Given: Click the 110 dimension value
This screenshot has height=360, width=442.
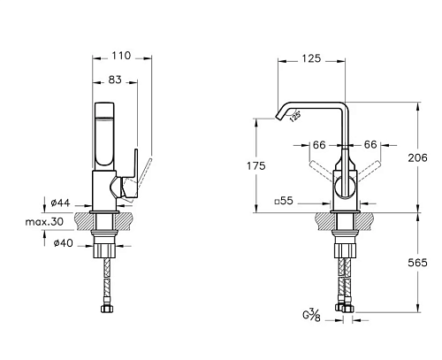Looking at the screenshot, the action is (121, 56).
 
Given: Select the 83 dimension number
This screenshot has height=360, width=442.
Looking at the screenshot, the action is (115, 80).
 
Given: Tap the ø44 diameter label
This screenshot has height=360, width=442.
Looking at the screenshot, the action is (60, 203).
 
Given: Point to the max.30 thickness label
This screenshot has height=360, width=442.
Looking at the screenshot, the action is (44, 221).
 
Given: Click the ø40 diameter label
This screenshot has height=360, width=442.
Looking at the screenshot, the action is (63, 243).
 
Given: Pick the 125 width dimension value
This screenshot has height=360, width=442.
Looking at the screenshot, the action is (311, 58).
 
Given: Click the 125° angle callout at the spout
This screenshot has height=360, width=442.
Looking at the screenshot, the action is (294, 116).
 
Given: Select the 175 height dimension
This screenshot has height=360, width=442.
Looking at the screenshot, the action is (256, 166).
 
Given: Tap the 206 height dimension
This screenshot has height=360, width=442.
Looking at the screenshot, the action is (417, 157).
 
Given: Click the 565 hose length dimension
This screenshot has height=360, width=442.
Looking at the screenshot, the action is (417, 262).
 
